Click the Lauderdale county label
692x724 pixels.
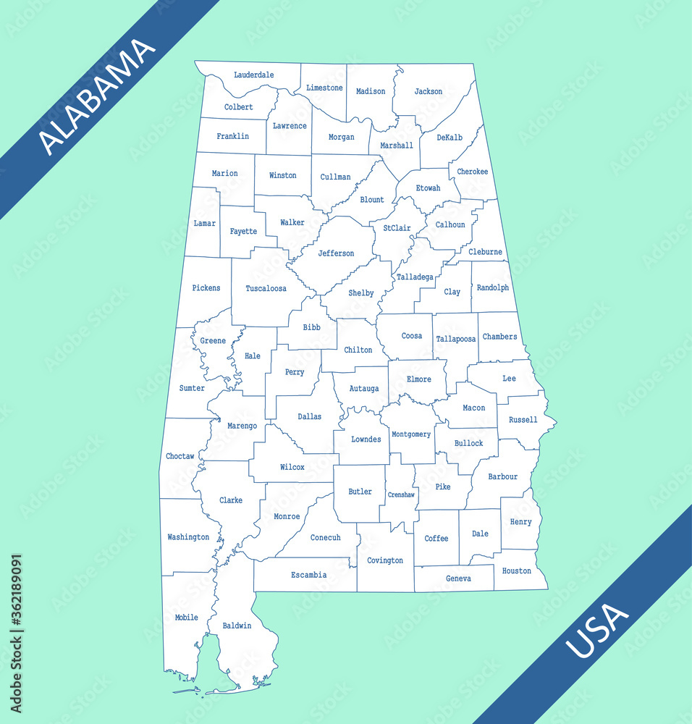[x=254, y=75]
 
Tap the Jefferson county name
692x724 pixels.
[x=337, y=253]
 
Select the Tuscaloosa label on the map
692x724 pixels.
[x=266, y=288]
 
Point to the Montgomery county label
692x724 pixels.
[x=411, y=434]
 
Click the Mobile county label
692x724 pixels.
[x=186, y=618]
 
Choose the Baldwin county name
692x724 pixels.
[x=237, y=626]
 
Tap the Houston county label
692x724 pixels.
[x=517, y=571]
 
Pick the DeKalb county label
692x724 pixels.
[x=450, y=138]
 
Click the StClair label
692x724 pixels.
[x=397, y=228]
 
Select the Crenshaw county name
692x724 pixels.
[x=401, y=495]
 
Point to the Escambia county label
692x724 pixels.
[x=309, y=575]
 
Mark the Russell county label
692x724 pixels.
[x=523, y=420]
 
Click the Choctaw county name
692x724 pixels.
[x=180, y=456]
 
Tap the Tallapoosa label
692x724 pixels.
[x=456, y=339]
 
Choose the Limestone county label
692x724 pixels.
[x=324, y=88]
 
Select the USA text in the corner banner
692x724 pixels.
[x=597, y=631]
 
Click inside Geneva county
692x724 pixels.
[x=458, y=578]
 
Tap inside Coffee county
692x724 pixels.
[x=436, y=539]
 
